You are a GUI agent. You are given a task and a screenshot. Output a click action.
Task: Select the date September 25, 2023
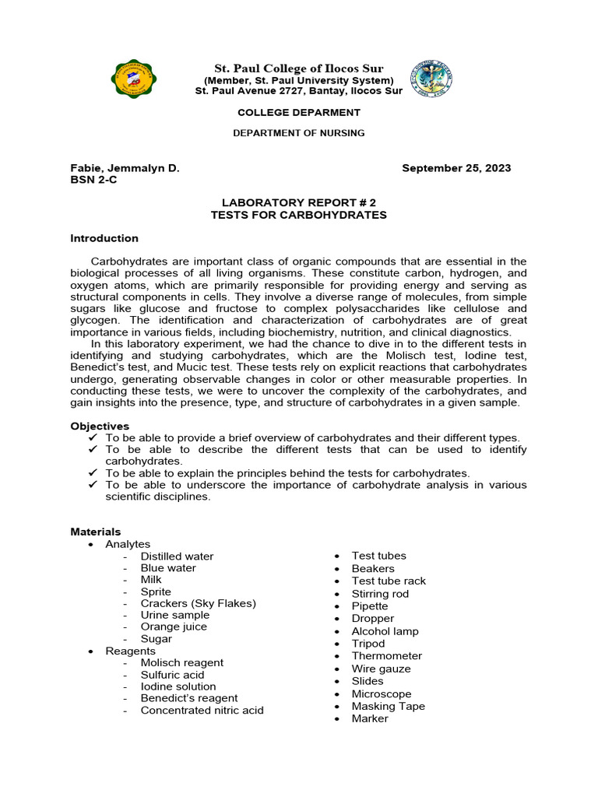coord(456,168)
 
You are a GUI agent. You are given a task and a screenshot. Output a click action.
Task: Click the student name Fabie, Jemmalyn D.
coord(125,168)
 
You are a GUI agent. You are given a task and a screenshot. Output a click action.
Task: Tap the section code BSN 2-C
coord(93,180)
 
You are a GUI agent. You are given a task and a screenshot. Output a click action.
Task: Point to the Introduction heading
coord(104,238)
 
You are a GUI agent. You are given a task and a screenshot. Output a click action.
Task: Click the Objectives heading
coord(100,426)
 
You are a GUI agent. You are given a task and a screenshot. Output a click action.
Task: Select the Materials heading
coord(96,532)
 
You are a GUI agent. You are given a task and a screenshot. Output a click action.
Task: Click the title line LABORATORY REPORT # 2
coord(298,203)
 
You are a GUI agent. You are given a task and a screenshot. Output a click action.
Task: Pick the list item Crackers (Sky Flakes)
coord(198,603)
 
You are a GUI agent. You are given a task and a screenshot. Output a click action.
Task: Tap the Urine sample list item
coord(174,615)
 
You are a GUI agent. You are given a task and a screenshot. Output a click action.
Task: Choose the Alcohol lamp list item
coord(385,631)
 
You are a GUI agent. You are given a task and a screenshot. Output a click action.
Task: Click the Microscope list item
coord(382,693)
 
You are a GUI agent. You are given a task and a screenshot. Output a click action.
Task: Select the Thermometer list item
coord(386,656)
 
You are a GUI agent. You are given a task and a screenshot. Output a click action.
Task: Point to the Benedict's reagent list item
coord(189,698)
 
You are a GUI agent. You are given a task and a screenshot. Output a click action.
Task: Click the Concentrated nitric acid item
coord(202,710)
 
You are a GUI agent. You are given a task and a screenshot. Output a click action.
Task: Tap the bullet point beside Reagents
coord(92,651)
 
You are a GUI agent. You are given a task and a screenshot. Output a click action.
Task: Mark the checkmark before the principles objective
coord(93,473)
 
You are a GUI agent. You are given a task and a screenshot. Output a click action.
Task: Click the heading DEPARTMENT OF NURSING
coord(298,133)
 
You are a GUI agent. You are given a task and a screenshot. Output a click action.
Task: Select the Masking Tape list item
coord(388,706)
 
